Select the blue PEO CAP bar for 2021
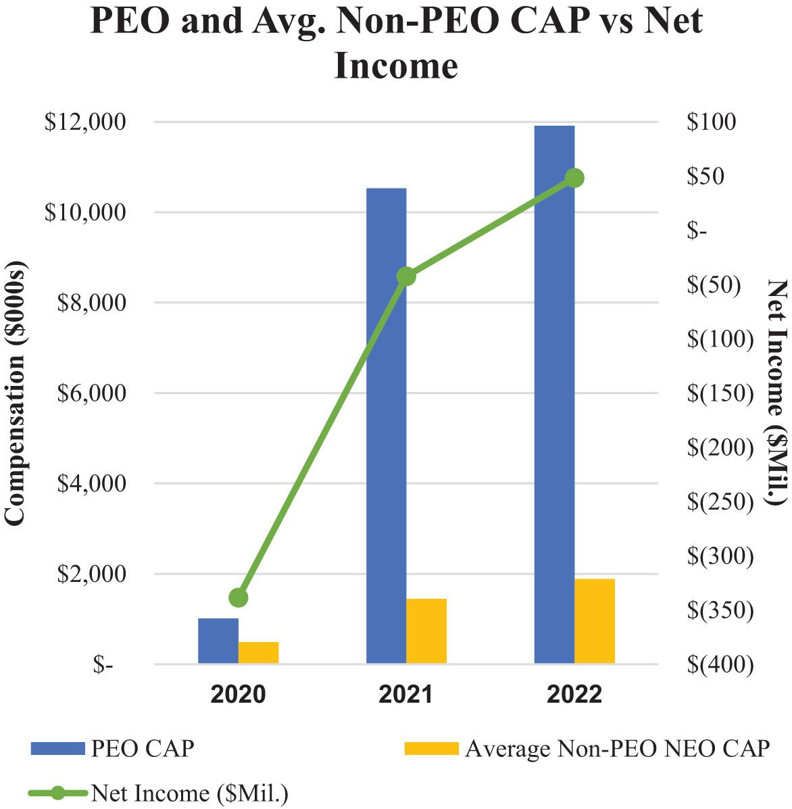tap(386, 426)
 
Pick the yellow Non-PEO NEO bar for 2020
tap(258, 653)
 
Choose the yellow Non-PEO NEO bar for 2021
tap(426, 631)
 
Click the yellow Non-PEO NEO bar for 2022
tap(595, 621)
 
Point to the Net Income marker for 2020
tap(239, 597)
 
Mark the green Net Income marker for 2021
tap(406, 276)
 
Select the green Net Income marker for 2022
tap(574, 178)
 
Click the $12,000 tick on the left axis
tap(85, 122)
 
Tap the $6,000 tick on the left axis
tap(85, 393)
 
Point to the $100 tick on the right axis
tap(711, 122)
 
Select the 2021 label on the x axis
tap(406, 694)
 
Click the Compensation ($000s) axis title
tap(15, 393)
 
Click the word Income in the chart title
tap(396, 66)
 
